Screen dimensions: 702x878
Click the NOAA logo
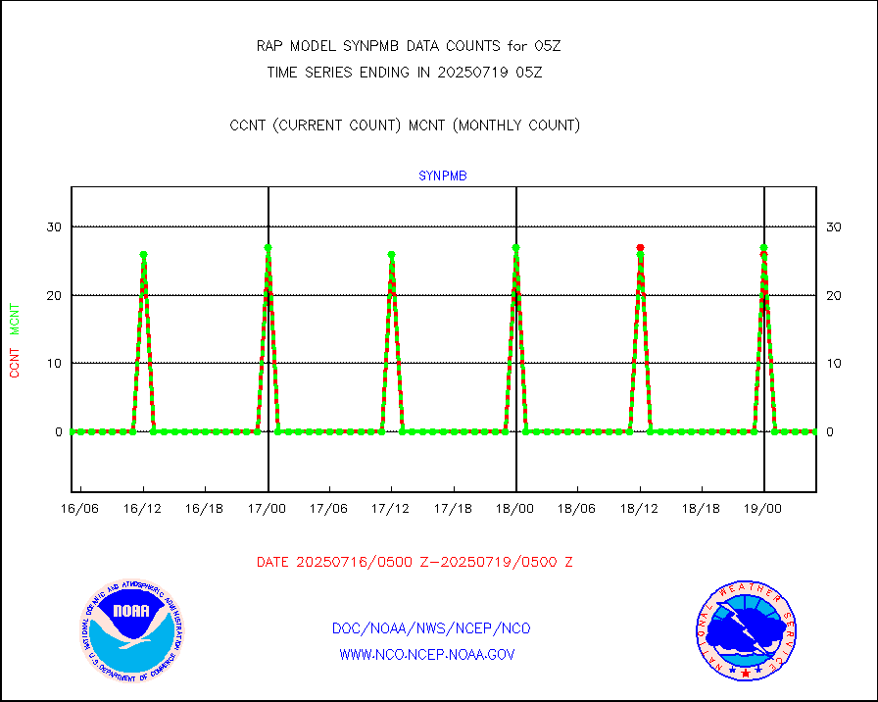tap(129, 632)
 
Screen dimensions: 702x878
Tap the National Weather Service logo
tap(746, 632)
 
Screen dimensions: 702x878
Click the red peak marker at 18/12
tap(640, 248)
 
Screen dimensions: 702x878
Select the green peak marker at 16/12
tap(143, 255)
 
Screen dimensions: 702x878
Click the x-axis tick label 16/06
tap(80, 509)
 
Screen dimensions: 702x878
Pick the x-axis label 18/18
tap(701, 509)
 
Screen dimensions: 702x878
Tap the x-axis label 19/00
tap(763, 509)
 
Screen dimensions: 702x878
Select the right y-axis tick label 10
tap(833, 364)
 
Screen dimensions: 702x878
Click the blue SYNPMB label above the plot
tap(443, 176)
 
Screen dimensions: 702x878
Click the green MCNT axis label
tap(15, 320)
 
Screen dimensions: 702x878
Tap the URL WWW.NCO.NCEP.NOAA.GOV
tap(426, 654)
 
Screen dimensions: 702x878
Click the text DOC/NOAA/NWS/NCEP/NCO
tap(431, 628)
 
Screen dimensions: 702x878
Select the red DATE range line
tap(415, 563)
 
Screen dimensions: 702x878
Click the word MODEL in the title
tap(317, 46)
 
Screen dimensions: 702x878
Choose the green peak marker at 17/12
tap(391, 255)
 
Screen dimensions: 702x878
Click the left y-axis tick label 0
tap(59, 431)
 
